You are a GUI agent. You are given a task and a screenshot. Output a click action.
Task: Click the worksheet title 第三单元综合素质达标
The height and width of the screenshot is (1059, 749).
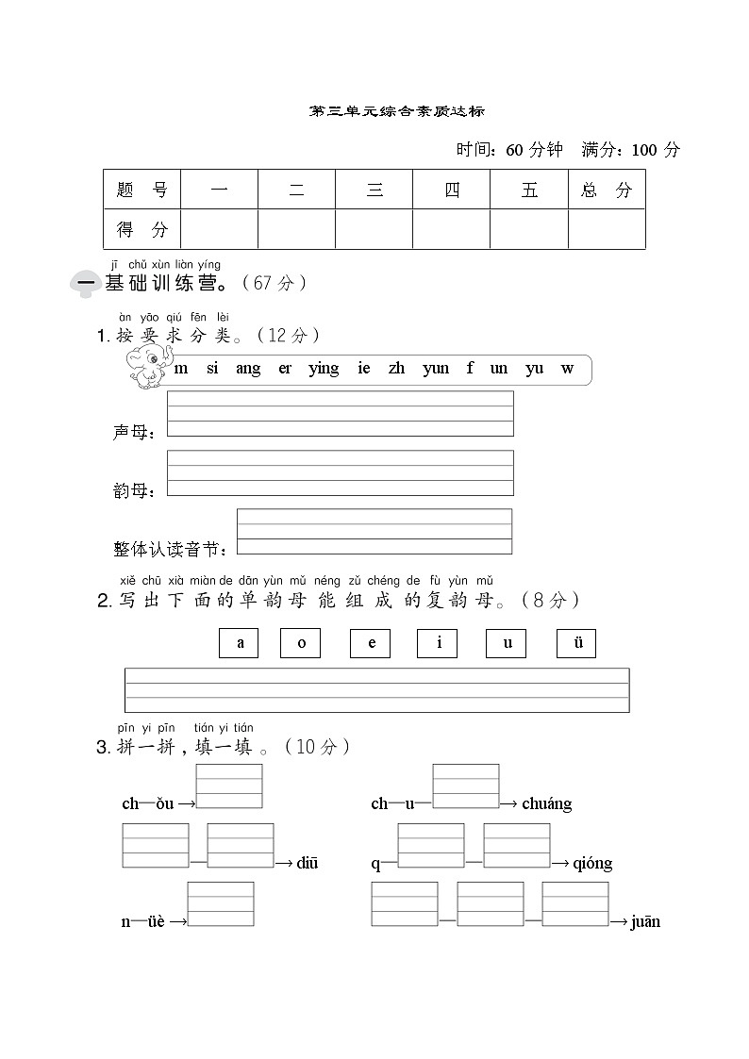(397, 111)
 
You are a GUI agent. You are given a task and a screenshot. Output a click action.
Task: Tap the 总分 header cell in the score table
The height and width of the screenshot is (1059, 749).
(607, 190)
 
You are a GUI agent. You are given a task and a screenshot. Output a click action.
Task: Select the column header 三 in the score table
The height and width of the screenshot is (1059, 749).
(374, 190)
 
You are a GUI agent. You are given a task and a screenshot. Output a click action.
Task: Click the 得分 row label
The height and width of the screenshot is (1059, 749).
(141, 229)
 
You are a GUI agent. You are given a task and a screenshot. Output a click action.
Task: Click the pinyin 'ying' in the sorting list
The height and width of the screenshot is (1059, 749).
(324, 369)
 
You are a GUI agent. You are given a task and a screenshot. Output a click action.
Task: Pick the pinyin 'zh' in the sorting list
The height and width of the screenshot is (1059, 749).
(396, 369)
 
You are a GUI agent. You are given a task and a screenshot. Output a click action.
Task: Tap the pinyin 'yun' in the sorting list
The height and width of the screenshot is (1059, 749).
(436, 369)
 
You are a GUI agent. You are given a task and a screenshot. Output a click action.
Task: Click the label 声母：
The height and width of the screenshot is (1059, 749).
(133, 432)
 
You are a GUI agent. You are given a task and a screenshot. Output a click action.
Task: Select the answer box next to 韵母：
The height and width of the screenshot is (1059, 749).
(340, 472)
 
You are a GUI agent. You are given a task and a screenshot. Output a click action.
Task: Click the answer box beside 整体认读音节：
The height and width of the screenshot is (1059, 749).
(374, 532)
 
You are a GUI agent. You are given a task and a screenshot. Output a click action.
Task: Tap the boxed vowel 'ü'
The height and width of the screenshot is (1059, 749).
(576, 643)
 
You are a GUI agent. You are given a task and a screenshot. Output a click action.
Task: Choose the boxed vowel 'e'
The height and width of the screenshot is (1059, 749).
(370, 643)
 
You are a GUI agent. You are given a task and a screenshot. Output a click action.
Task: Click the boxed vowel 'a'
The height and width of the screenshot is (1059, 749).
(239, 643)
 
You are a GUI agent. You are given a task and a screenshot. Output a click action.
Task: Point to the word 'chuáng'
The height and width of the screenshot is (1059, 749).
(547, 804)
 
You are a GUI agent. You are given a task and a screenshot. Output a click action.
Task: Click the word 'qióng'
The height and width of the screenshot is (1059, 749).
(592, 864)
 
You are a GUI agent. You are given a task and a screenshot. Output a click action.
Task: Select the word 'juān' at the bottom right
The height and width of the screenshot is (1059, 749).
(645, 922)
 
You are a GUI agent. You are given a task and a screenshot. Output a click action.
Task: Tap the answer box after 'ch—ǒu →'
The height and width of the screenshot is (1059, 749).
(229, 786)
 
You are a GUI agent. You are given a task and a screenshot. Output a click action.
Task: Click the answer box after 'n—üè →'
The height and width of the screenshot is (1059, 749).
(221, 904)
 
